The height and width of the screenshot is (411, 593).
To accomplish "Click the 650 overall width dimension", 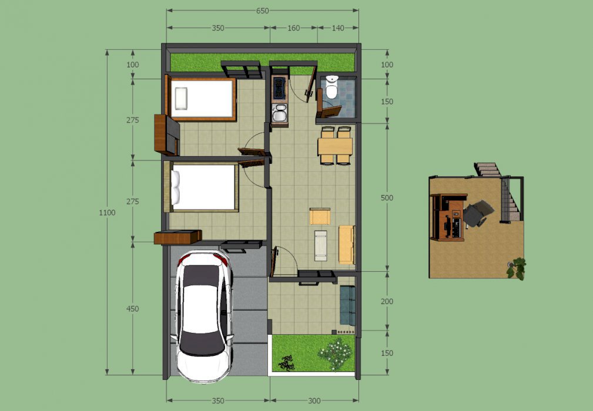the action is pos(262,11).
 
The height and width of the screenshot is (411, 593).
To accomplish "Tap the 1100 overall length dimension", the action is pos(107,213).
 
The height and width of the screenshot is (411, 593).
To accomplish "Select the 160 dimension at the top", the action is pos(293,28).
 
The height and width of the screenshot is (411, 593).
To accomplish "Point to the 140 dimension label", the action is pos(338,28).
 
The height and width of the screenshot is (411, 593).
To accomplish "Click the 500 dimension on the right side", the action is pos(387,197).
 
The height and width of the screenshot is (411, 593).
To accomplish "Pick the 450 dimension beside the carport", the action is pos(132,309).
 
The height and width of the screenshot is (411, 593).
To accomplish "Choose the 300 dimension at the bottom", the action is pos(314,401).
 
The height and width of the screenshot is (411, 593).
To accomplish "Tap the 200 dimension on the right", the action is pos(387,301).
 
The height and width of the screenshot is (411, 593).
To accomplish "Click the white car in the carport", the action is pos(203,316).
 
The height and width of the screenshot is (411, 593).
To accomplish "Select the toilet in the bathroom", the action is pos(331,87).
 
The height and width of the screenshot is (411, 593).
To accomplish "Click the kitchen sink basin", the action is pos(280,114).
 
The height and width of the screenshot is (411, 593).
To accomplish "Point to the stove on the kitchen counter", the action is pos(279,86).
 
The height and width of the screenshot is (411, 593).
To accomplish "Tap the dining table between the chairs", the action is pos(335,146).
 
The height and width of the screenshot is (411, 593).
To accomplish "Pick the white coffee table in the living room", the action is pos(321,245).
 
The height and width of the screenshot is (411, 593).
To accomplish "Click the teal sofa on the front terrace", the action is pos(347,305).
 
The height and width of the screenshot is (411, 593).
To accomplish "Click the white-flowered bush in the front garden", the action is pos(336,354).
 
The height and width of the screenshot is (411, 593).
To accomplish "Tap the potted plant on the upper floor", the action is pos(517,268).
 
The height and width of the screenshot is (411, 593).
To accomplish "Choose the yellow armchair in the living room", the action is pos(320,217).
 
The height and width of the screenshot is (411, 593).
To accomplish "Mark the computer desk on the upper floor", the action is pos(448,217).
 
